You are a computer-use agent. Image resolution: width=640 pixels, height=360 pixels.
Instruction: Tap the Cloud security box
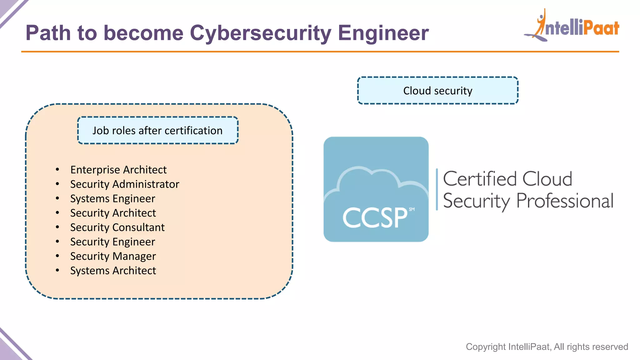pyautogui.click(x=437, y=91)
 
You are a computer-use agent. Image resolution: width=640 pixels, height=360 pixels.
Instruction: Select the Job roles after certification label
pyautogui.click(x=157, y=130)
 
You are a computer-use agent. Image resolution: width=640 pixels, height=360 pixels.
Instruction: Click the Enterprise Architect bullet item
pyautogui.click(x=118, y=170)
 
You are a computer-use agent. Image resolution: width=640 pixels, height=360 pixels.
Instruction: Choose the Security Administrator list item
pyautogui.click(x=125, y=184)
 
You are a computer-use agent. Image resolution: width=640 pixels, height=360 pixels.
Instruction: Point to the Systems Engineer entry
pyautogui.click(x=112, y=198)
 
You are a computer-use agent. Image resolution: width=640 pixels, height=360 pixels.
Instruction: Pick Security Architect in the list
pyautogui.click(x=113, y=213)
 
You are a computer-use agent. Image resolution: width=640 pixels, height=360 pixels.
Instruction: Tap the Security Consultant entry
pyautogui.click(x=117, y=227)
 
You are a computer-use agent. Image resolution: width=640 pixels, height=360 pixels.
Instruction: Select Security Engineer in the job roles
pyautogui.click(x=112, y=242)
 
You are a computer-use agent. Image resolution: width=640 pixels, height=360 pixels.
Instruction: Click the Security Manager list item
pyautogui.click(x=113, y=256)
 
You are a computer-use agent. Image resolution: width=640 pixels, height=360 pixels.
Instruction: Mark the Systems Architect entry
pyautogui.click(x=113, y=270)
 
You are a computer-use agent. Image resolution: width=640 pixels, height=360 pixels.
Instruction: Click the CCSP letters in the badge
pyautogui.click(x=375, y=217)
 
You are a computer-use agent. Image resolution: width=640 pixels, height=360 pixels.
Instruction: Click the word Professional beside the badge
pyautogui.click(x=565, y=201)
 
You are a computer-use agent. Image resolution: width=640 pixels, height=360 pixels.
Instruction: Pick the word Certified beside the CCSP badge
pyautogui.click(x=480, y=179)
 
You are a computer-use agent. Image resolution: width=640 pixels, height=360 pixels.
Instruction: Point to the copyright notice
pyautogui.click(x=547, y=347)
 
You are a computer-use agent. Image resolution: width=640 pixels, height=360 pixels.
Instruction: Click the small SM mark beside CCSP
pyautogui.click(x=412, y=209)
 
